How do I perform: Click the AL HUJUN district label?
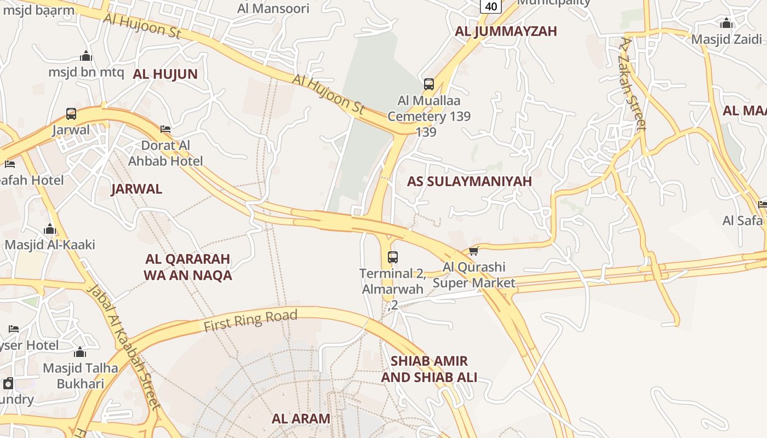(x=165, y=74)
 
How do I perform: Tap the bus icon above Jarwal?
(x=71, y=114)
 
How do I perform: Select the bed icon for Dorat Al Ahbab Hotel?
(x=165, y=129)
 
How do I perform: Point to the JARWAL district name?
(x=136, y=189)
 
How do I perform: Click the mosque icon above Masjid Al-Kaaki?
(x=50, y=229)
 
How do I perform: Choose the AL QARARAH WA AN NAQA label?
(x=188, y=267)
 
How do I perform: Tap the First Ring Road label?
(x=250, y=321)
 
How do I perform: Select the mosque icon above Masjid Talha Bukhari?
(x=80, y=352)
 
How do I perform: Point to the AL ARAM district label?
(x=301, y=419)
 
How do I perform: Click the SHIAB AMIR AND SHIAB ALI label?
(x=429, y=369)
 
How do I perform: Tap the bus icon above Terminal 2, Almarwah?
(x=392, y=257)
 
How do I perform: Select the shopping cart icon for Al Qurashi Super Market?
(x=474, y=251)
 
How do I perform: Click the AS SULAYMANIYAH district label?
(x=469, y=182)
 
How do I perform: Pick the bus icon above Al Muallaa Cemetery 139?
(x=429, y=84)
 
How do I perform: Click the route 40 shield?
(x=491, y=7)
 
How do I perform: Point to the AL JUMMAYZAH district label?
(x=506, y=31)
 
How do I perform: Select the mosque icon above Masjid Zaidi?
(x=726, y=24)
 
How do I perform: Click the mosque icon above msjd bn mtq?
(x=86, y=56)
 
